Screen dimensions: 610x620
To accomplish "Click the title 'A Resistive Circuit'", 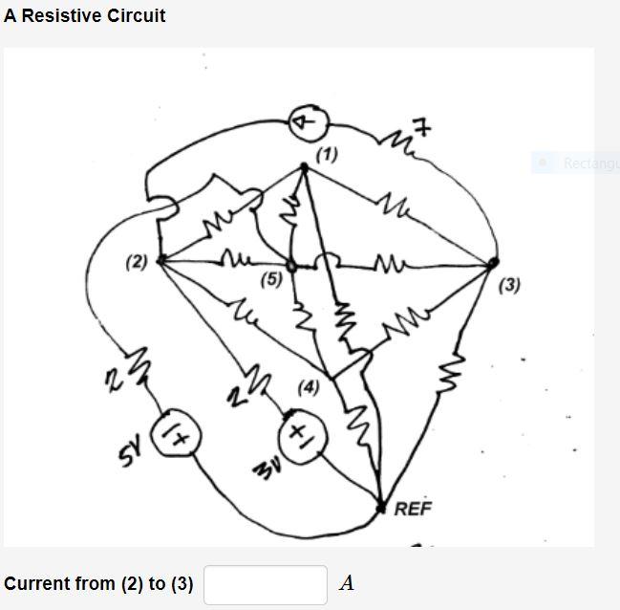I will click(x=84, y=15).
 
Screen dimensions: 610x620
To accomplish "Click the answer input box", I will click(x=266, y=584).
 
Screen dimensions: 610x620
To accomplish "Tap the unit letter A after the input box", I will click(x=347, y=583).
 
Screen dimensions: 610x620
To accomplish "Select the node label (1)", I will click(x=327, y=153).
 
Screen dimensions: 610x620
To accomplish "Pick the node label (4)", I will click(x=309, y=387).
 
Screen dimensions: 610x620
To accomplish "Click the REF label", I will click(x=414, y=508).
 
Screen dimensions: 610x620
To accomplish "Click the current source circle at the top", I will click(x=309, y=122).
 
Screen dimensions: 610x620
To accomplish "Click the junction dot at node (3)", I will click(x=493, y=261).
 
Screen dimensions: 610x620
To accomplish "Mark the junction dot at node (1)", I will click(x=304, y=167).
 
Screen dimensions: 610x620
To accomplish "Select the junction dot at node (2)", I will click(x=160, y=259).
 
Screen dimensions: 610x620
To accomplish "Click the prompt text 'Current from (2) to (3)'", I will click(x=98, y=583).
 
